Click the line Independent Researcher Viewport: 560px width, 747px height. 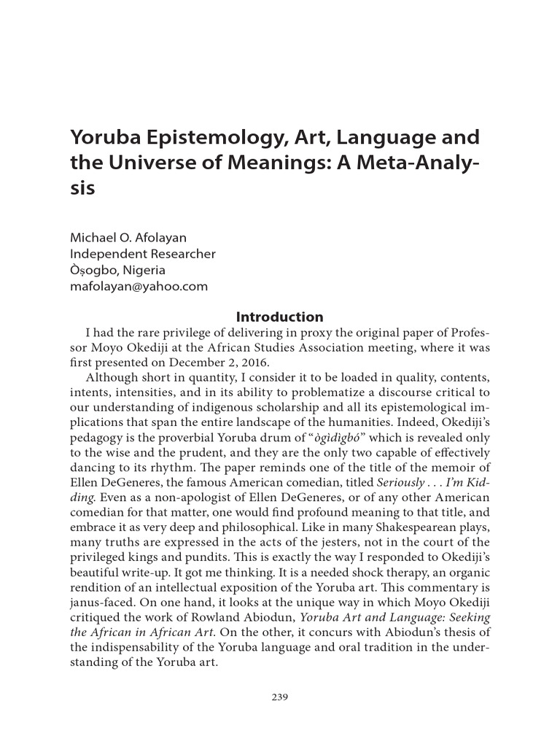pyautogui.click(x=142, y=254)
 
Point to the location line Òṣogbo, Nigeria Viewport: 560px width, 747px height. pyautogui.click(x=117, y=270)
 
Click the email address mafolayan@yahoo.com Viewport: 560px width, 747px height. pyautogui.click(x=139, y=286)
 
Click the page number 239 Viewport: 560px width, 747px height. pyautogui.click(x=280, y=697)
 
